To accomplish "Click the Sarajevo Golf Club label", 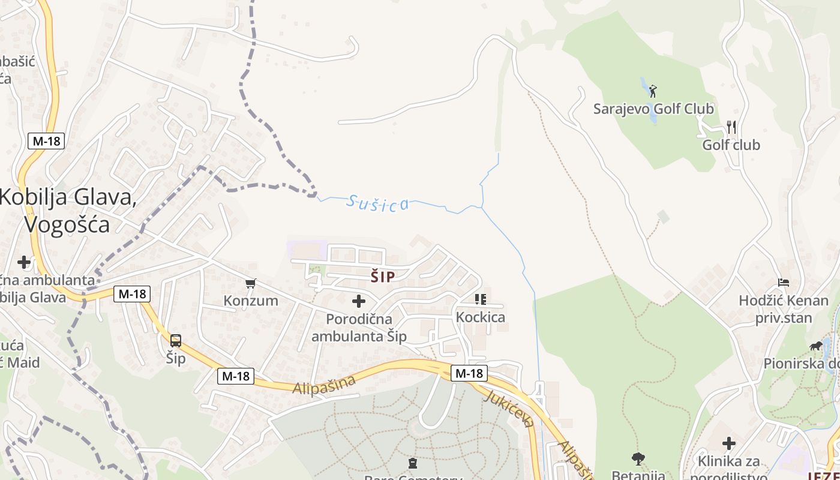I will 653,109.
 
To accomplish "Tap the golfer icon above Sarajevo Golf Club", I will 653,91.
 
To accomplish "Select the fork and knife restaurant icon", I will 731,127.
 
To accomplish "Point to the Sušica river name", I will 377,203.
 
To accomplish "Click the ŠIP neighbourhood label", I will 382,277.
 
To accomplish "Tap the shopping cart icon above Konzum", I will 251,283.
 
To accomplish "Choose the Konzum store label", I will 251,301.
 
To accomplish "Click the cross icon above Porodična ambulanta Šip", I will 359,301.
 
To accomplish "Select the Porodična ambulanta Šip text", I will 359,328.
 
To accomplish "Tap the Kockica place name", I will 480,317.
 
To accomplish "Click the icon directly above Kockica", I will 480,299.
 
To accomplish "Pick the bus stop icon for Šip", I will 176,341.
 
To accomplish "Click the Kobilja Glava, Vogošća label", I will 67,210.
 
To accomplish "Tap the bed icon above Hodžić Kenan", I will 783,282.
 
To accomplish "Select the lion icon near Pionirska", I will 816,346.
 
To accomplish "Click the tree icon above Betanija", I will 638,459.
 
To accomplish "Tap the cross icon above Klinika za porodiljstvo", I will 728,443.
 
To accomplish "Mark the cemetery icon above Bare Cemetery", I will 412,463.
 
